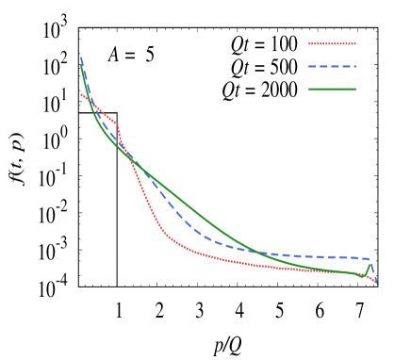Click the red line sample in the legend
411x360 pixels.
(332, 43)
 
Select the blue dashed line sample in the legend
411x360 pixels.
(332, 66)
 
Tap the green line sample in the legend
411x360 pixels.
(332, 90)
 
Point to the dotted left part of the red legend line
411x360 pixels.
(315, 43)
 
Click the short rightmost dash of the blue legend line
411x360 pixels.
(353, 66)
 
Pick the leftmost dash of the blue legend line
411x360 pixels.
(312, 66)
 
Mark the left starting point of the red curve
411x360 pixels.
(81, 93)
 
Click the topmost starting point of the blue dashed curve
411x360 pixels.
(81, 58)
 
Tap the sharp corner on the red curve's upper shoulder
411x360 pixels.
(117, 123)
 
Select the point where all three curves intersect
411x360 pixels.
(129, 157)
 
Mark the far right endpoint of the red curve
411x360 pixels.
(376, 282)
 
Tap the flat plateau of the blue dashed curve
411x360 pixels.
(311, 255)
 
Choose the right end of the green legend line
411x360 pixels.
(355, 90)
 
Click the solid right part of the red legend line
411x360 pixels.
(343, 43)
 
